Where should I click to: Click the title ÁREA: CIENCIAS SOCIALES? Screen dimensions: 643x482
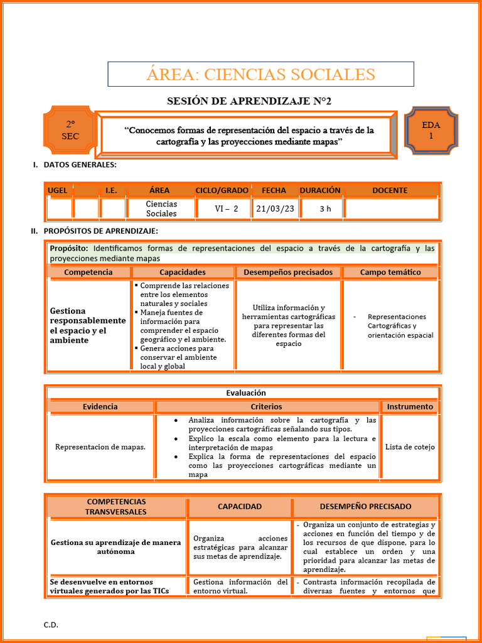coord(260,74)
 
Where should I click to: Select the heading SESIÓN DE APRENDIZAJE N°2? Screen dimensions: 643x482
coord(249,101)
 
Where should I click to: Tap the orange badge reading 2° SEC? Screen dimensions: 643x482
coord(70,130)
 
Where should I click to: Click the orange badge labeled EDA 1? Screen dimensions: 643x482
coord(431,130)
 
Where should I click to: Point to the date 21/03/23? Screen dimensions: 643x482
coord(275,208)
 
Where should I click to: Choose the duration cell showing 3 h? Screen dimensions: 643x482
coord(324,208)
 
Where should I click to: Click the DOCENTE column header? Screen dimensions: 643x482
coord(390,190)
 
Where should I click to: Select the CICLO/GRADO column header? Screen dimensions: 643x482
coord(222,190)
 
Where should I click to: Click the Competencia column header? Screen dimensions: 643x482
coord(88,272)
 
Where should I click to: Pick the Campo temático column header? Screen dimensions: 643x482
coord(390,272)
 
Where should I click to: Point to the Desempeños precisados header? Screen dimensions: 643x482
coord(288,272)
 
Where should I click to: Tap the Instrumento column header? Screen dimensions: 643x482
coord(409,406)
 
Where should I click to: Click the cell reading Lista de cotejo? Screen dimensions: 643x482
coord(410,447)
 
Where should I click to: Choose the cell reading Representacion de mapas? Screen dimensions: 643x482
coord(100,447)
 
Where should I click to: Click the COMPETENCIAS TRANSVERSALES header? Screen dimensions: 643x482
coord(116,506)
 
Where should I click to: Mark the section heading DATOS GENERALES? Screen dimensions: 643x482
coord(80,165)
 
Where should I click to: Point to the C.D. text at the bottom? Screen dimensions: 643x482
coord(51,625)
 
